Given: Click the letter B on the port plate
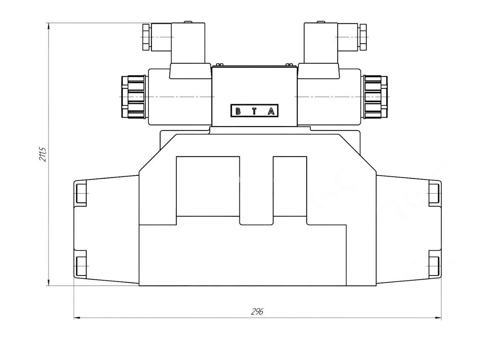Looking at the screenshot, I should click(x=238, y=111).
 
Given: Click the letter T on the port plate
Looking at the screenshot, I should click(x=254, y=111).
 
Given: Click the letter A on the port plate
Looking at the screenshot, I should click(x=271, y=111).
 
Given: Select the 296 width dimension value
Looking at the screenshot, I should click(x=257, y=312).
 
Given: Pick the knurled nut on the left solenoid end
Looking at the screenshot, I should click(x=133, y=97).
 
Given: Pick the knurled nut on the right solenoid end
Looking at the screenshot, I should click(x=375, y=97).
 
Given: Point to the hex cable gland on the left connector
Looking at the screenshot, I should click(x=146, y=37).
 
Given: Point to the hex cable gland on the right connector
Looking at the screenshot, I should click(x=363, y=37).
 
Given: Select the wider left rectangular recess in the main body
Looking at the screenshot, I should click(x=208, y=186).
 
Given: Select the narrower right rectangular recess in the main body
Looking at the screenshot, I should click(x=290, y=186).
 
